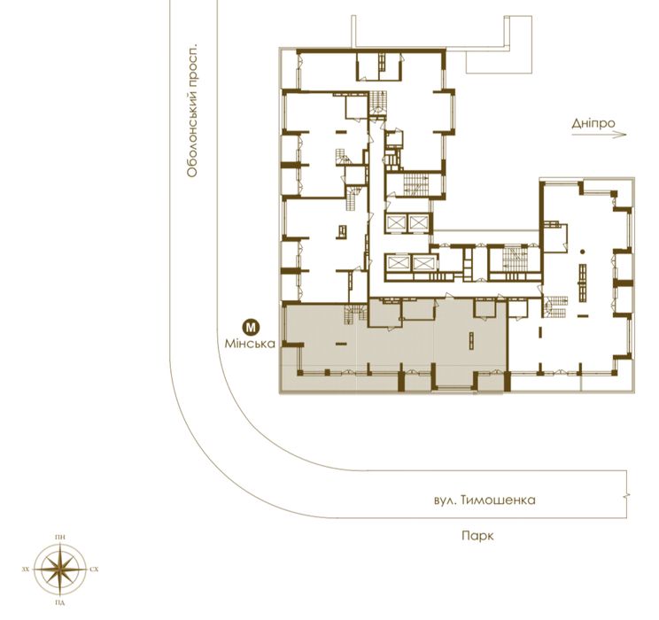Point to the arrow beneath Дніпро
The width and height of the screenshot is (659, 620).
coord(600,136)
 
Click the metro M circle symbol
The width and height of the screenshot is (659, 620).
coord(252,326)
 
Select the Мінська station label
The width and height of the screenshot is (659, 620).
coord(252,342)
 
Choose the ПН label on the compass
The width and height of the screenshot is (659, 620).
coord(60,538)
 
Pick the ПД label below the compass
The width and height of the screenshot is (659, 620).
coord(60,601)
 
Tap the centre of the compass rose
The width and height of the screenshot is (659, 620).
coord(60,570)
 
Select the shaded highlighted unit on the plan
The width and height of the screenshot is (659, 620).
coord(394,347)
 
